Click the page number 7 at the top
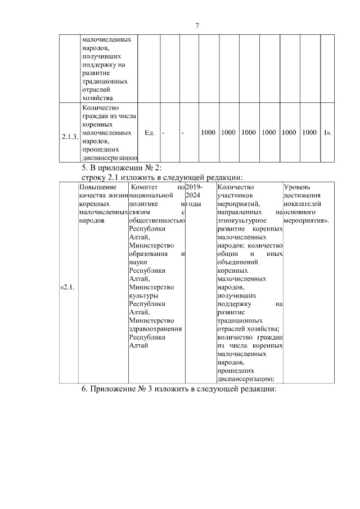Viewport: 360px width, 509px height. point(197,25)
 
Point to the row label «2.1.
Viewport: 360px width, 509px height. point(67,288)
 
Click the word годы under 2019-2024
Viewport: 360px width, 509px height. point(193,204)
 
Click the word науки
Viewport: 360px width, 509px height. point(138,262)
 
